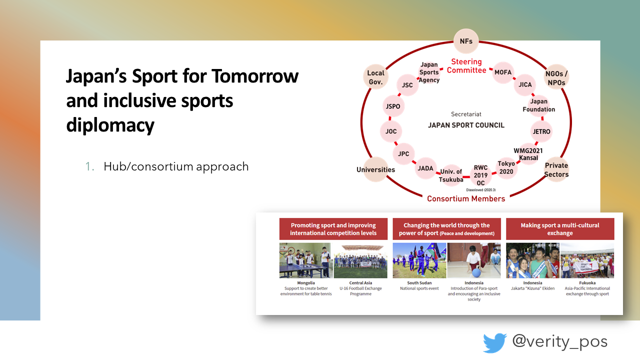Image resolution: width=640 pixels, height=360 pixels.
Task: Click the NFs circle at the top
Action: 466,41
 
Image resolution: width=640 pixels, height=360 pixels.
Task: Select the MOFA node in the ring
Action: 503,72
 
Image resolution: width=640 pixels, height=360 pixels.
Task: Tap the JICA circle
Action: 525,84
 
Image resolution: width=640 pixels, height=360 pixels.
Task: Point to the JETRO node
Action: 541,131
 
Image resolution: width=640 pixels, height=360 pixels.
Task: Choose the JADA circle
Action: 425,168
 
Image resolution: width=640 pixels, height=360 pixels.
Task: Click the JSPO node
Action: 393,106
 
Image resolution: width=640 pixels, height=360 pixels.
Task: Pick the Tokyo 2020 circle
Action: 506,167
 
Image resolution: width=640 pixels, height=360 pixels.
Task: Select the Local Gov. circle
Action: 375,77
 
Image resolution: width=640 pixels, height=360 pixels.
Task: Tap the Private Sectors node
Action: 556,169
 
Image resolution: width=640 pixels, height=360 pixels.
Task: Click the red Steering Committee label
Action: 466,66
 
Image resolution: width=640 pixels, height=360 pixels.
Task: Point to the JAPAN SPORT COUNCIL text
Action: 466,125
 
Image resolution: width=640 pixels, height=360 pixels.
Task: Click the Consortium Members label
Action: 466,198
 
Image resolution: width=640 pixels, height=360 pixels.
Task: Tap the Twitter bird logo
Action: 495,342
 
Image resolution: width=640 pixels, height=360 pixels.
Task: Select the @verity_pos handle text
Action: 559,341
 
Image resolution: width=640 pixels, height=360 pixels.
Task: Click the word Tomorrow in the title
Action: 255,76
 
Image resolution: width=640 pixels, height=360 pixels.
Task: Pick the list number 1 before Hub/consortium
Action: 89,166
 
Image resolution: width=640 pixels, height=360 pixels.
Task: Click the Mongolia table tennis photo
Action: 305,260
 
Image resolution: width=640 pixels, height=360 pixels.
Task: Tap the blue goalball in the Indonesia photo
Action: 476,273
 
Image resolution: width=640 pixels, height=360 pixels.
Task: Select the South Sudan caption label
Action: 419,283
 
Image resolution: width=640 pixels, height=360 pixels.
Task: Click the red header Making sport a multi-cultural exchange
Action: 560,229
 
